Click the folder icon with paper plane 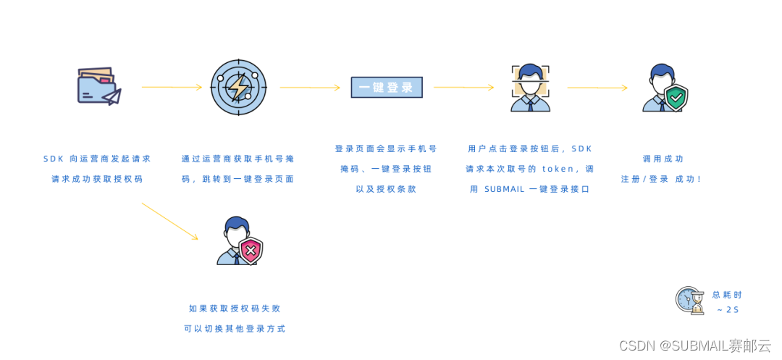[x=98, y=86]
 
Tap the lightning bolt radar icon [x=238, y=87]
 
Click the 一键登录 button [x=387, y=88]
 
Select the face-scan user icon [x=530, y=88]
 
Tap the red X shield [x=251, y=251]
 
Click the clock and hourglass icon [x=689, y=300]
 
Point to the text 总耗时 [x=727, y=295]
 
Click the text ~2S [x=728, y=310]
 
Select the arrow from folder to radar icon [x=172, y=87]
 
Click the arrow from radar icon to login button [x=309, y=88]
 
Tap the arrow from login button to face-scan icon [x=463, y=88]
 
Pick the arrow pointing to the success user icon [x=597, y=88]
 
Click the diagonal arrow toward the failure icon [x=169, y=221]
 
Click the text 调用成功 [x=663, y=159]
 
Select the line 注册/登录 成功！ [x=661, y=178]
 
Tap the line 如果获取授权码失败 [x=236, y=308]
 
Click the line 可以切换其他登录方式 [x=235, y=328]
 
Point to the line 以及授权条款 [x=386, y=188]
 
